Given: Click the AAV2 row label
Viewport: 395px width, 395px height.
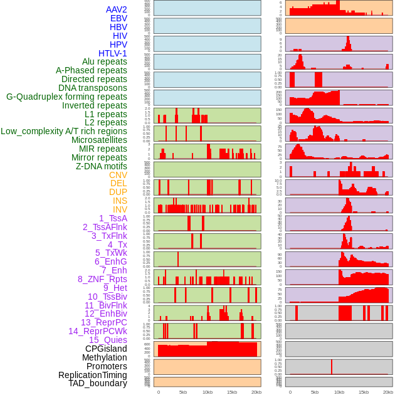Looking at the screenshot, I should tap(116, 9).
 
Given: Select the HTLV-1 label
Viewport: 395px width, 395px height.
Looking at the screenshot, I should tap(112, 53).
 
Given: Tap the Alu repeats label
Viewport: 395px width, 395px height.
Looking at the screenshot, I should tap(104, 61).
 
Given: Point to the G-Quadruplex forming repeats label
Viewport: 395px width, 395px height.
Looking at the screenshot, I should tap(66, 97).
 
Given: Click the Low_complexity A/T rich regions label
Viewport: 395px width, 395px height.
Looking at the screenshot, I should tap(64, 131).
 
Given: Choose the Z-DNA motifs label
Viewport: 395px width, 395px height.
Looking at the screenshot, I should tap(101, 166).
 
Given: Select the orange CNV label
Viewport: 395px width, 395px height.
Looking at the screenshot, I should tap(118, 175).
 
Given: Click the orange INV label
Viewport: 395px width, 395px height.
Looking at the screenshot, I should tap(119, 209).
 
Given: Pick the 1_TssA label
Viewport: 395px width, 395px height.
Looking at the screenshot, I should tap(113, 218).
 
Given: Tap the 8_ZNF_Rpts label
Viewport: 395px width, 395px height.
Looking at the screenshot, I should tap(102, 279).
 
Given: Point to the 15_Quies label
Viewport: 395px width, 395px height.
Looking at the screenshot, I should tap(107, 340).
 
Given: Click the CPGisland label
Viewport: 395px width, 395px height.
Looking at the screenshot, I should tap(106, 349).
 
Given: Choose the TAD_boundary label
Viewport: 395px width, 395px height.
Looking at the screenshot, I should tap(97, 383).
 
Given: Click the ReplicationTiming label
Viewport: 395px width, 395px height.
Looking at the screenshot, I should tap(92, 375).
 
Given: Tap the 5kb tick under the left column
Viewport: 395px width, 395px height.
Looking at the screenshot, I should tap(183, 392).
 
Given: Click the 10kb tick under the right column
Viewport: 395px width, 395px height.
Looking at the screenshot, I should tap(339, 392).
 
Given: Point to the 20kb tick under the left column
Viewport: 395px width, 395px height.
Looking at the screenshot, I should tap(256, 392).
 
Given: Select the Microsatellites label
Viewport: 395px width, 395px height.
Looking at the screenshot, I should tap(99, 140).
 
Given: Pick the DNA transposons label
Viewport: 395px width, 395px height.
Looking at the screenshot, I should tap(93, 88).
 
